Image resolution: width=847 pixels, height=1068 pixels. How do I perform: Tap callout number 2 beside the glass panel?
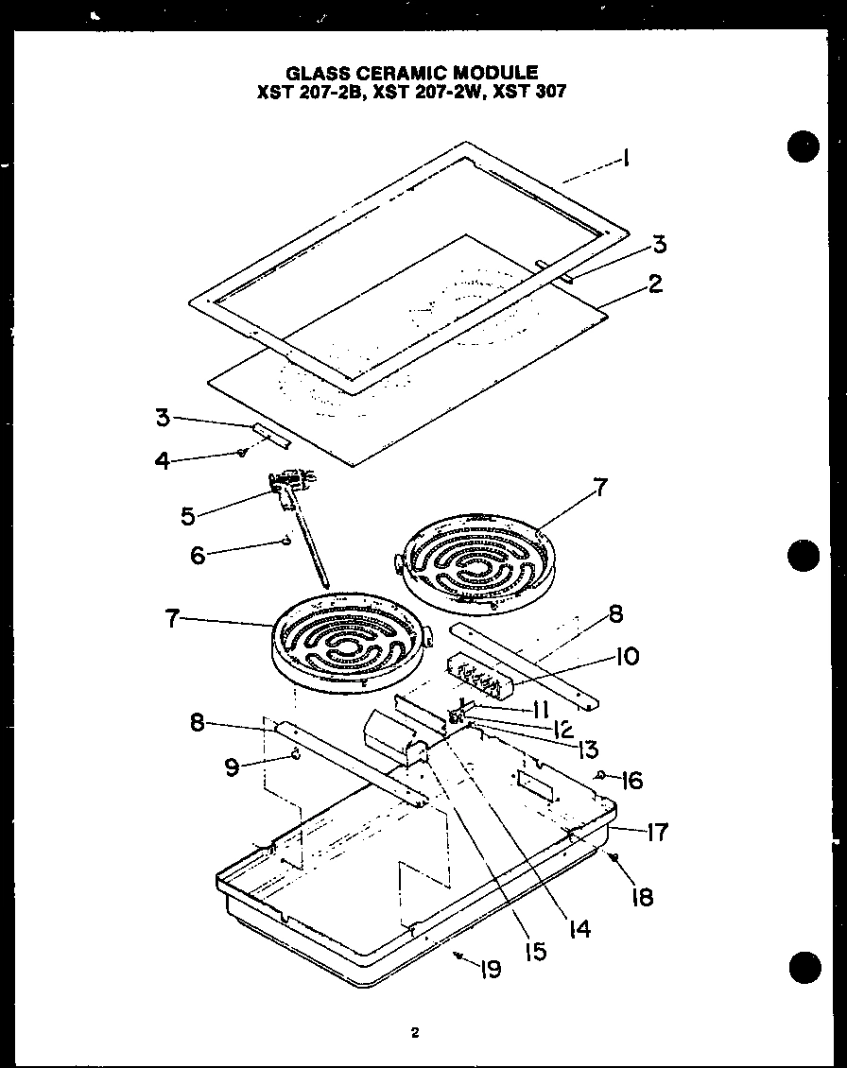(x=654, y=284)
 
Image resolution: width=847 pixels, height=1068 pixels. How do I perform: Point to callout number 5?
(x=187, y=517)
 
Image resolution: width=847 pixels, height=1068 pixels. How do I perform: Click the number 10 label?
(x=627, y=656)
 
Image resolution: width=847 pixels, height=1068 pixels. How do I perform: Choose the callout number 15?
(x=535, y=952)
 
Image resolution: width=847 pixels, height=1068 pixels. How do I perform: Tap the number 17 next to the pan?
(x=656, y=832)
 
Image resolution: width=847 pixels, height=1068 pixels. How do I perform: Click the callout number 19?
(x=490, y=970)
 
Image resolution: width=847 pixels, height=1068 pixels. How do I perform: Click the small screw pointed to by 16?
(x=601, y=776)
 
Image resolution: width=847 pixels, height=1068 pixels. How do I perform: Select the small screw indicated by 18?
(x=614, y=857)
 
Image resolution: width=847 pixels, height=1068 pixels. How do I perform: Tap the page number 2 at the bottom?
(x=414, y=1033)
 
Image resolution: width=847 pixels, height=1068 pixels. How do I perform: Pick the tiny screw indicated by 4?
(x=242, y=453)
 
